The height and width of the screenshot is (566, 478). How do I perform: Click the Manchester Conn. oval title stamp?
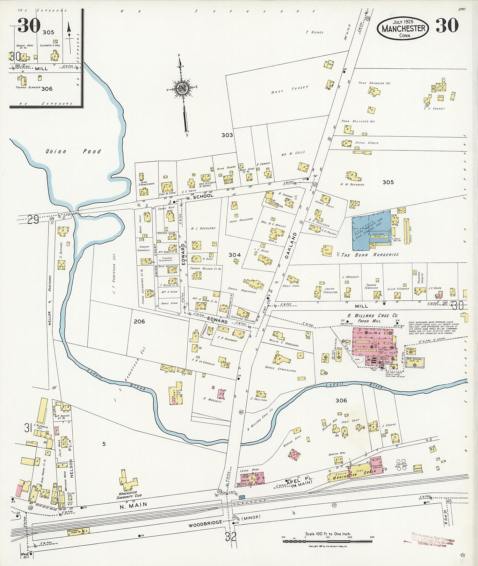(x=403, y=28)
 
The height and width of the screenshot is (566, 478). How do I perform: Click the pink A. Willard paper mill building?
(x=374, y=346)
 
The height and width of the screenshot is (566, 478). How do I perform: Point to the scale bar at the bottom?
(x=328, y=541)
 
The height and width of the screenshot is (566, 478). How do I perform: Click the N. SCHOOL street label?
(x=200, y=196)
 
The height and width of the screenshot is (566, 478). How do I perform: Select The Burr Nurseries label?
(x=370, y=255)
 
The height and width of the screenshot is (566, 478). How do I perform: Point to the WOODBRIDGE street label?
(x=205, y=524)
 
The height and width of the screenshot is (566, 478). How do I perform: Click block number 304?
(x=235, y=255)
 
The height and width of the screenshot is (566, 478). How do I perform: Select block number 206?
(x=139, y=321)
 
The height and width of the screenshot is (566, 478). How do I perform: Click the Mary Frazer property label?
(x=289, y=90)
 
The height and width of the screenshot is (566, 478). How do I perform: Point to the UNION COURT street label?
(x=156, y=260)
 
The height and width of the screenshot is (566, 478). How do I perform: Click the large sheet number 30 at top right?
(x=447, y=25)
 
